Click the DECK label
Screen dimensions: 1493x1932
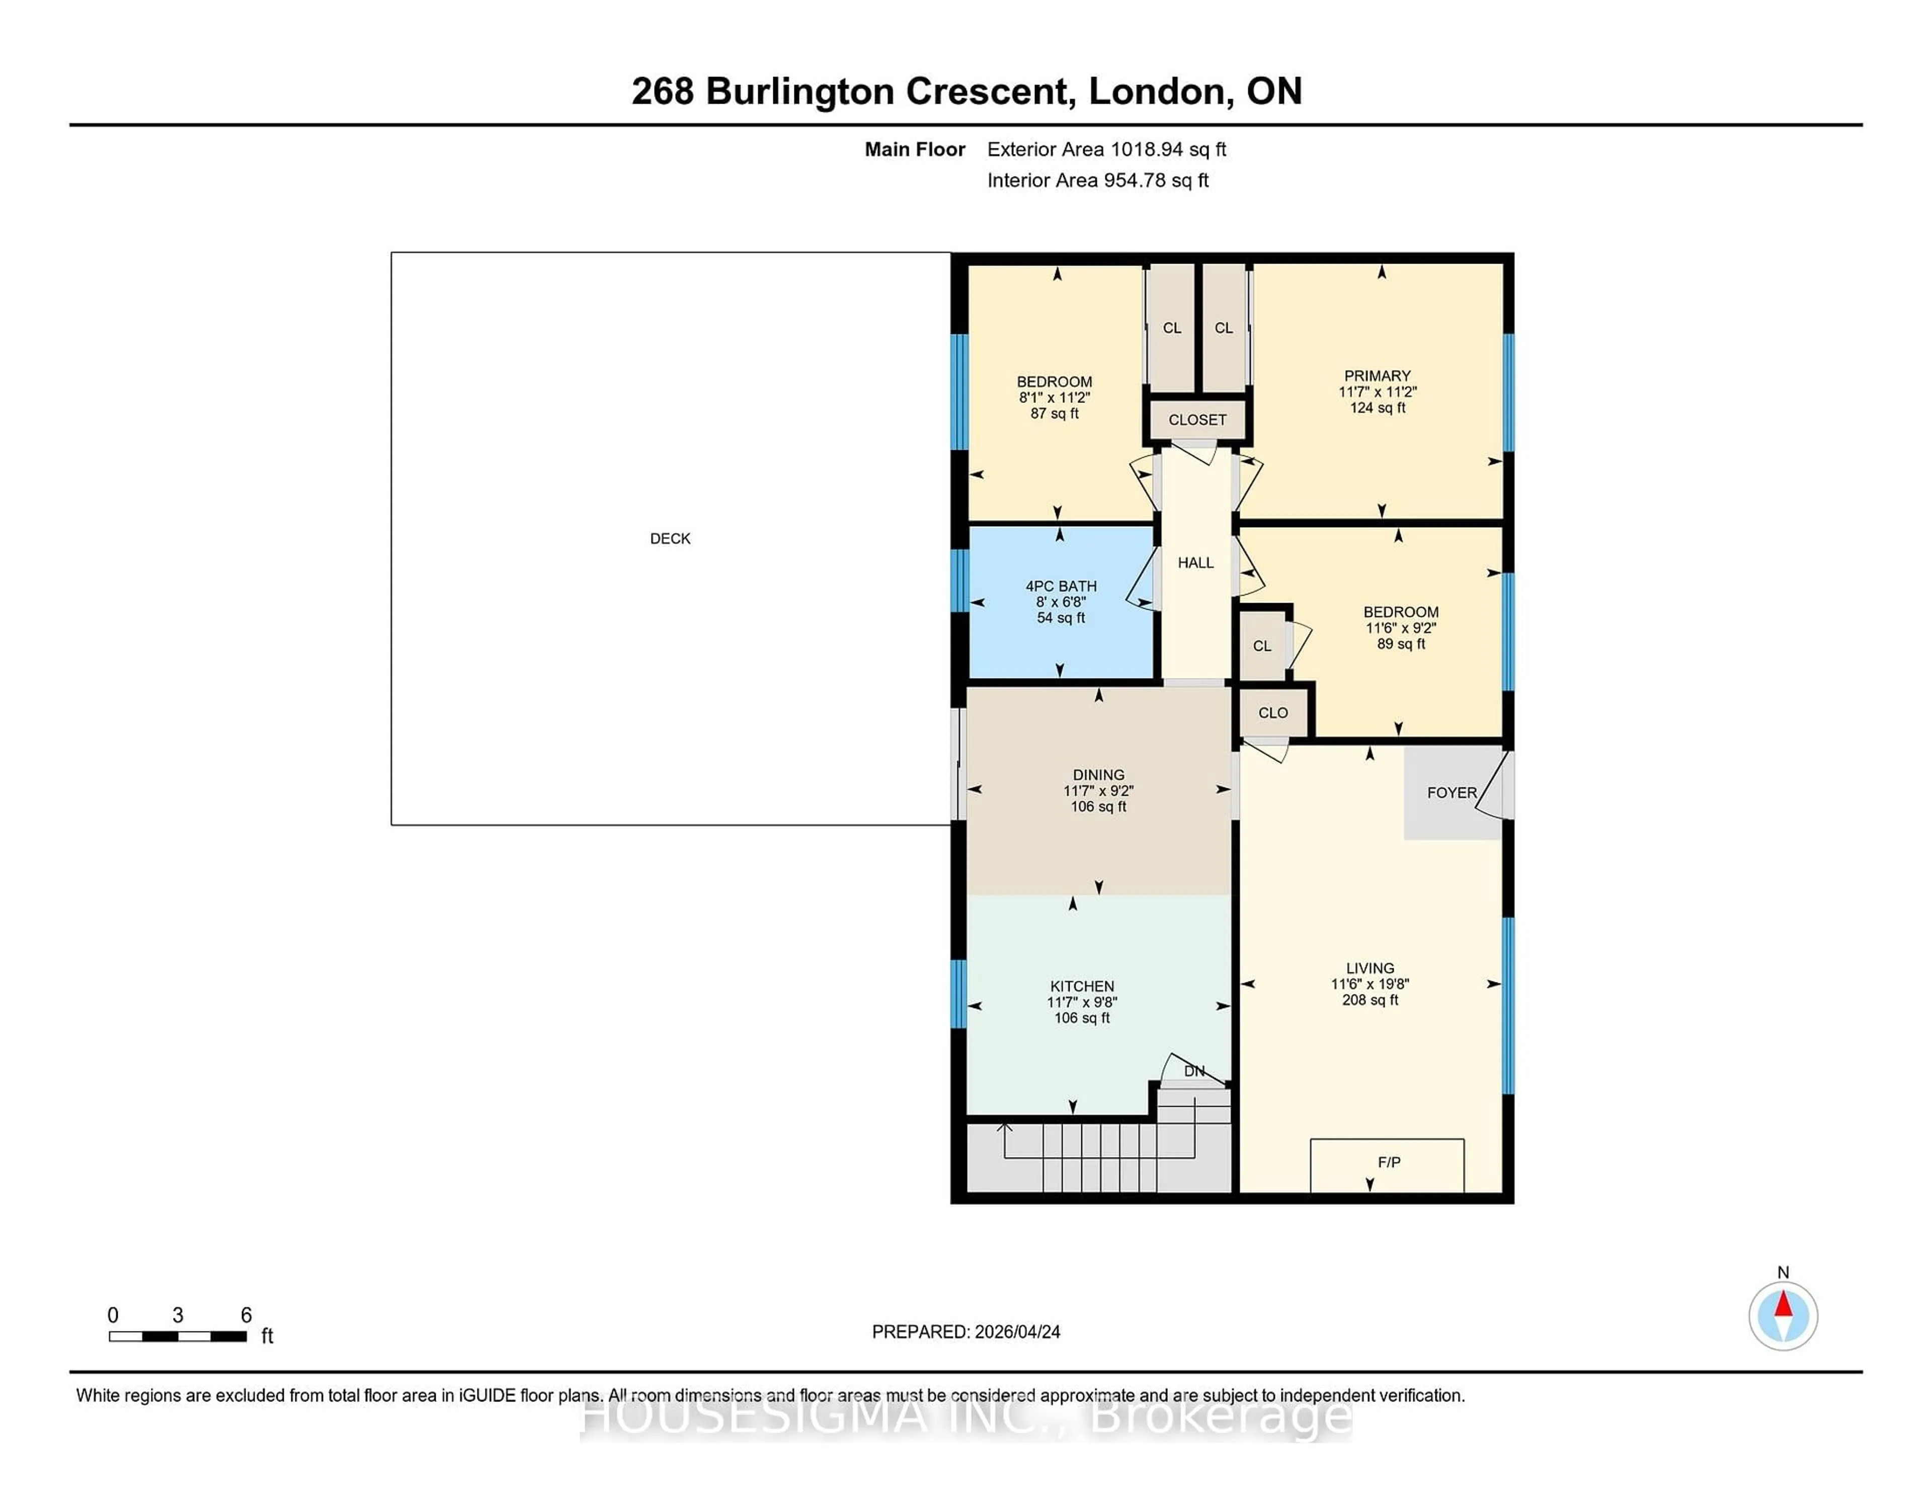(x=670, y=539)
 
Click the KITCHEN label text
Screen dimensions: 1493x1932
(x=1082, y=986)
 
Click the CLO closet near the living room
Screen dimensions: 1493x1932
(x=1273, y=713)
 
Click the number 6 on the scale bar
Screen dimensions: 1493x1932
(x=246, y=1315)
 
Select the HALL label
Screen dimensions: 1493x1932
(x=1195, y=562)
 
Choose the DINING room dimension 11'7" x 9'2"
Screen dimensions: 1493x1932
(x=1098, y=791)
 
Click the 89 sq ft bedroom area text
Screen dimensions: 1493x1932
(x=1400, y=644)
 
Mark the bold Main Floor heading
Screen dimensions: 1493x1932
(x=915, y=149)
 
